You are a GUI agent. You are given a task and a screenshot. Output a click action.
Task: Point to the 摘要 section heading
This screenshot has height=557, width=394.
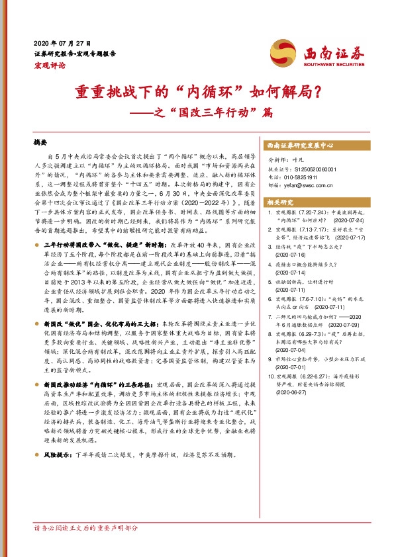point(41,143)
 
